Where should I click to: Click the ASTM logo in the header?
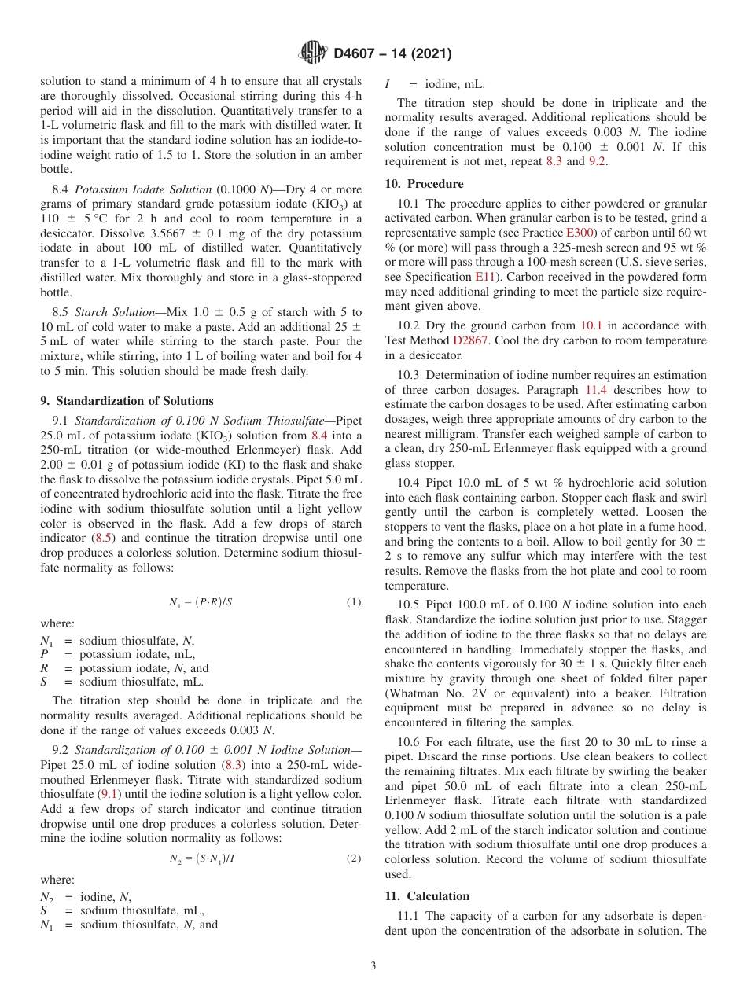[x=313, y=53]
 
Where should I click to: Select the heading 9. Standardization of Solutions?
[x=127, y=401]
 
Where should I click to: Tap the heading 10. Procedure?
[x=424, y=184]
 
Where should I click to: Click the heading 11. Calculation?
[x=427, y=896]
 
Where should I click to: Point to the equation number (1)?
[x=354, y=602]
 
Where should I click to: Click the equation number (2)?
[x=354, y=858]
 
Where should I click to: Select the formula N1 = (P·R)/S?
[x=201, y=602]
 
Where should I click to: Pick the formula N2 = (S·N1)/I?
[x=201, y=858]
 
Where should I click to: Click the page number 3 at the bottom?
[x=373, y=966]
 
